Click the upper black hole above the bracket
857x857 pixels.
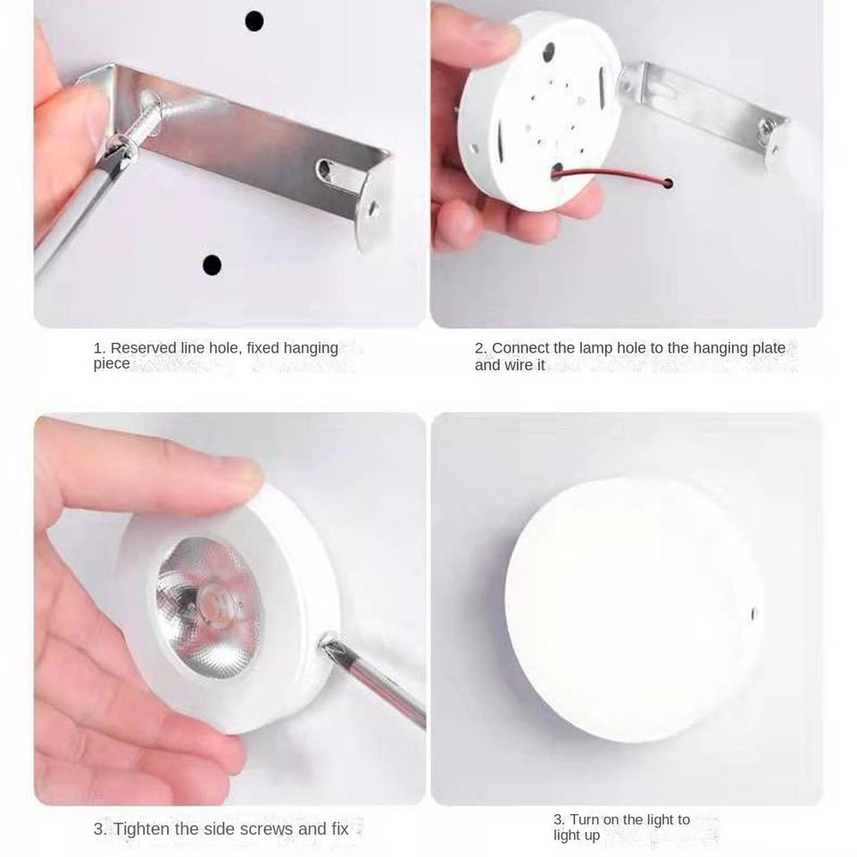click(x=254, y=21)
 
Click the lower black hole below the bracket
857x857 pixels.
click(x=212, y=265)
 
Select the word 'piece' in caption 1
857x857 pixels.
click(x=112, y=364)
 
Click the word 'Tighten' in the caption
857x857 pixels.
click(x=142, y=828)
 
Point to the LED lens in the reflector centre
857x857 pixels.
click(x=213, y=600)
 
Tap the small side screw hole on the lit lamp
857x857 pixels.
click(x=753, y=614)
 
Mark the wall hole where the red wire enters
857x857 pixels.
click(x=668, y=183)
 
